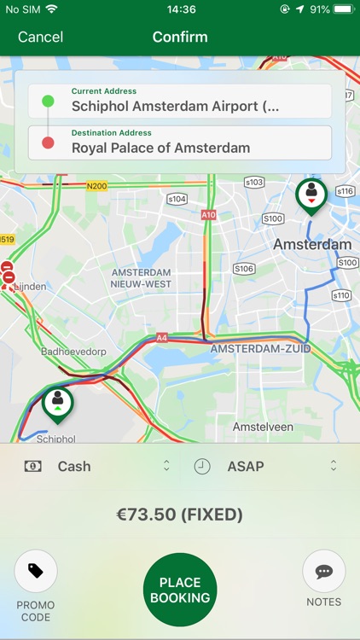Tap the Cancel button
coord(40,37)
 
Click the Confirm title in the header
coord(180,37)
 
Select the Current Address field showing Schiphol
coord(180,102)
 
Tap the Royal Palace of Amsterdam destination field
coord(180,143)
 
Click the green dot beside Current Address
coord(48,102)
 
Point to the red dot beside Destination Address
coord(48,143)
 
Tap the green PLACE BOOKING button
coord(180,590)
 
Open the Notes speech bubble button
coord(324,572)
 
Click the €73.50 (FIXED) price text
coord(180,515)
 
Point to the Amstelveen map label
coord(263,427)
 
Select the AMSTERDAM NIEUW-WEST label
coord(142,278)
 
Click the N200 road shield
coord(97,185)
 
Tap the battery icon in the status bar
coord(343,9)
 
